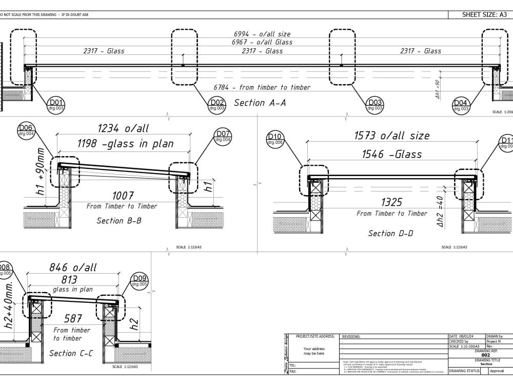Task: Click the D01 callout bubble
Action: [x=56, y=105]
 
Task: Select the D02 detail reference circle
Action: [x=217, y=105]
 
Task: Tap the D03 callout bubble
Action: [x=375, y=105]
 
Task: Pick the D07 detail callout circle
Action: [x=223, y=137]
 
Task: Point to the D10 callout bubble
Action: [x=275, y=139]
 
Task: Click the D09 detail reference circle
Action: [x=140, y=281]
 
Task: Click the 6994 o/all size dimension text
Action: [x=262, y=34]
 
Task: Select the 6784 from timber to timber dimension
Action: [x=262, y=87]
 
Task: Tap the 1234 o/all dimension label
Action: [x=123, y=129]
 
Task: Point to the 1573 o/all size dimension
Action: [x=391, y=136]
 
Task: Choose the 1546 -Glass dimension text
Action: [x=391, y=154]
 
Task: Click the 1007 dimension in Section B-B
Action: [x=123, y=196]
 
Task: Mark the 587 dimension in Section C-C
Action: [x=73, y=319]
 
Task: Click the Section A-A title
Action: [x=260, y=103]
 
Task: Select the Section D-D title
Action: [x=389, y=233]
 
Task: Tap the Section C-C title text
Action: [x=71, y=353]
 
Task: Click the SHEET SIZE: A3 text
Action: [x=484, y=15]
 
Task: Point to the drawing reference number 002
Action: [x=485, y=355]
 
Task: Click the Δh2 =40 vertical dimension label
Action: [x=440, y=211]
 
